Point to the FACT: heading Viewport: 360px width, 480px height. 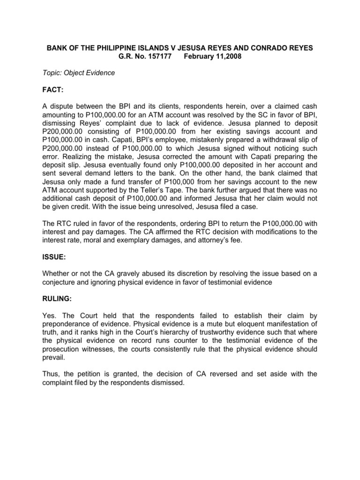pos(54,89)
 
